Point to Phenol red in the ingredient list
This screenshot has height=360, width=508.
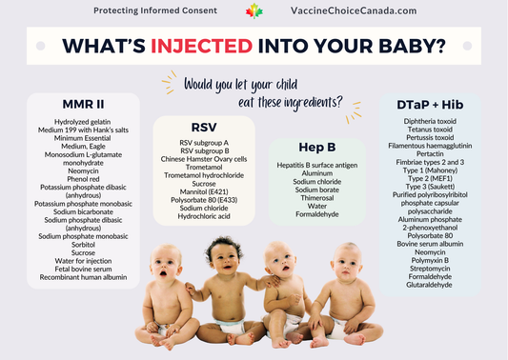point(82,178)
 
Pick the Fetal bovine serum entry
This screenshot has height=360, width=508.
point(82,268)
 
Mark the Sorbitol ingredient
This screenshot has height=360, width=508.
point(82,242)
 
